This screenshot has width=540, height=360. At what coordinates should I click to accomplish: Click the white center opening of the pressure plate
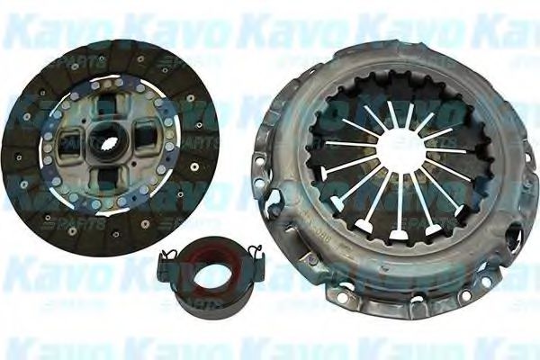click(x=395, y=154)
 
